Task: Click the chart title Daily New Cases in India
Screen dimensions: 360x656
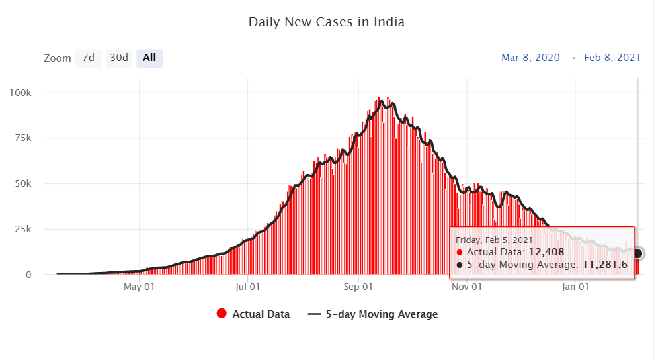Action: pos(326,22)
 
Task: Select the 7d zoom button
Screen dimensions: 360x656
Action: pos(88,58)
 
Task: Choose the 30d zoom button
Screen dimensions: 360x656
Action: pos(119,58)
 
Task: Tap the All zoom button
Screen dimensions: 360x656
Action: pos(149,58)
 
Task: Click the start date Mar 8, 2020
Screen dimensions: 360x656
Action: pos(530,58)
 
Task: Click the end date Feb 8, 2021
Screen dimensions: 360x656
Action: pos(612,58)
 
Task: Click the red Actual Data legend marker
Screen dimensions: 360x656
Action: pos(222,314)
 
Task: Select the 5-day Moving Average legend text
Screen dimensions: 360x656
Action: pos(382,314)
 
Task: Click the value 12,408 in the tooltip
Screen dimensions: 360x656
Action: pos(547,252)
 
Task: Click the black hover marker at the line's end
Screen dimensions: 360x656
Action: pos(637,253)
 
